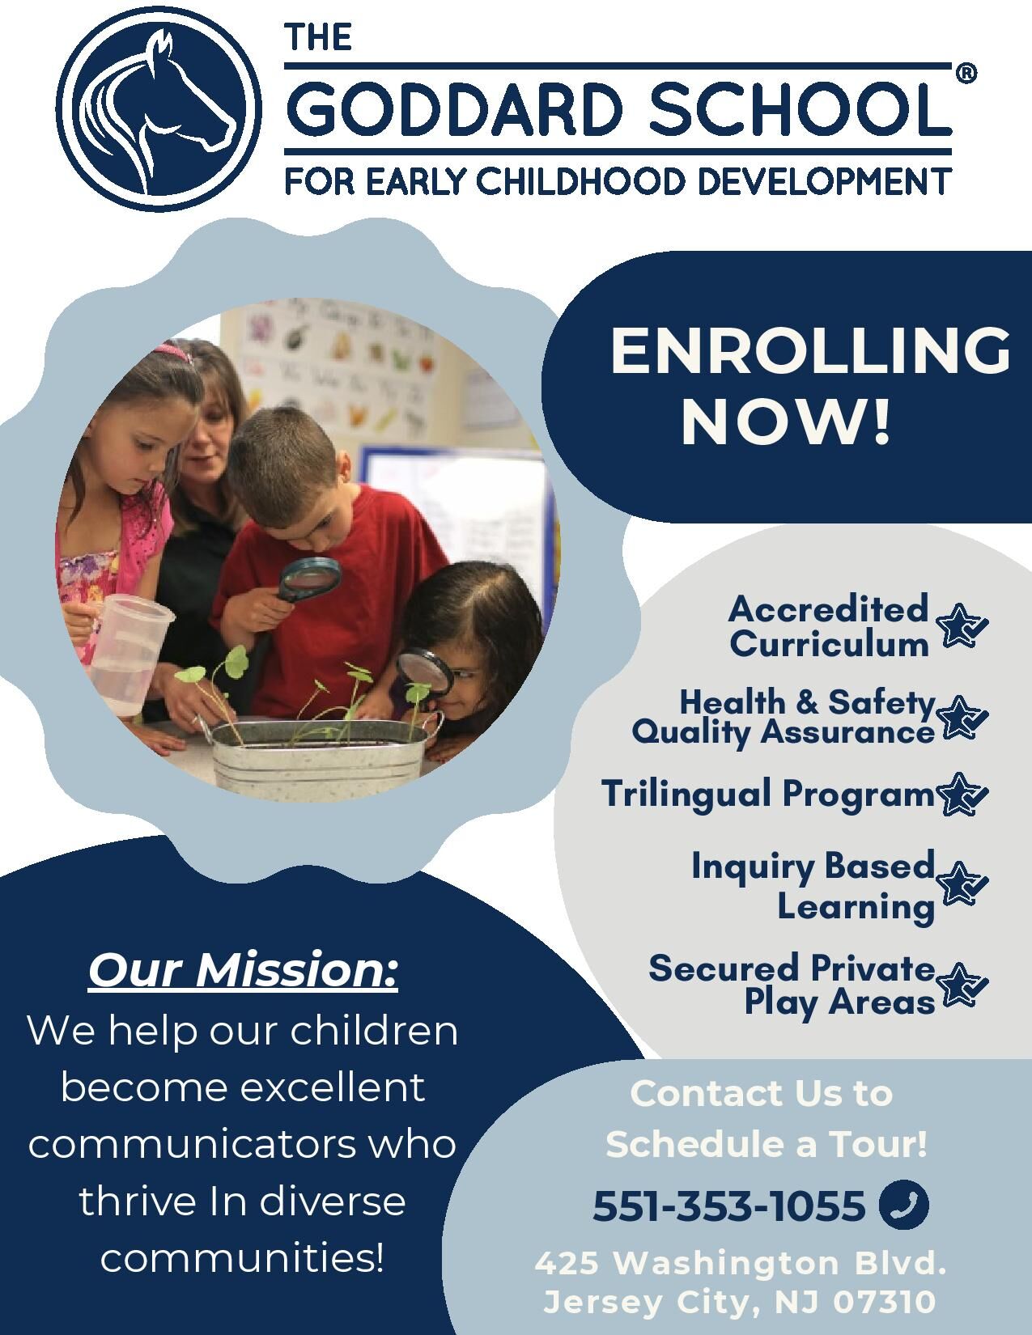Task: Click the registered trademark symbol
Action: click(x=966, y=73)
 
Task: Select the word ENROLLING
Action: click(x=809, y=351)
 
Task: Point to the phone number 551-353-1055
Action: click(x=728, y=1206)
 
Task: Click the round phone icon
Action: click(x=904, y=1206)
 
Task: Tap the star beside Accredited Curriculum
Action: click(x=961, y=625)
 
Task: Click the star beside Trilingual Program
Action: click(x=963, y=795)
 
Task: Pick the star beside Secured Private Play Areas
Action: click(x=963, y=985)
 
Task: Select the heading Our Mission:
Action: click(x=244, y=971)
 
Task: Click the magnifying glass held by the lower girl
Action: click(x=425, y=673)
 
